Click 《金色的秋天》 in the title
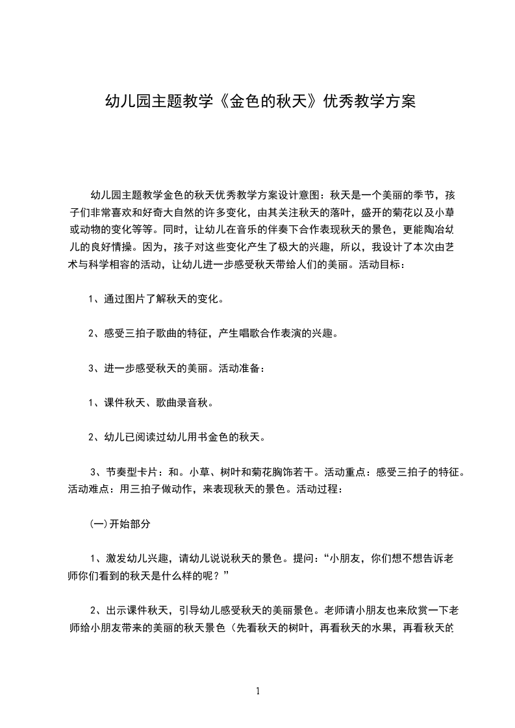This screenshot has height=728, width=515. click(x=268, y=102)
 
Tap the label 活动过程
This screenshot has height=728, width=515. click(x=319, y=489)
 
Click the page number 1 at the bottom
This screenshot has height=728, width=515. click(x=258, y=691)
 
